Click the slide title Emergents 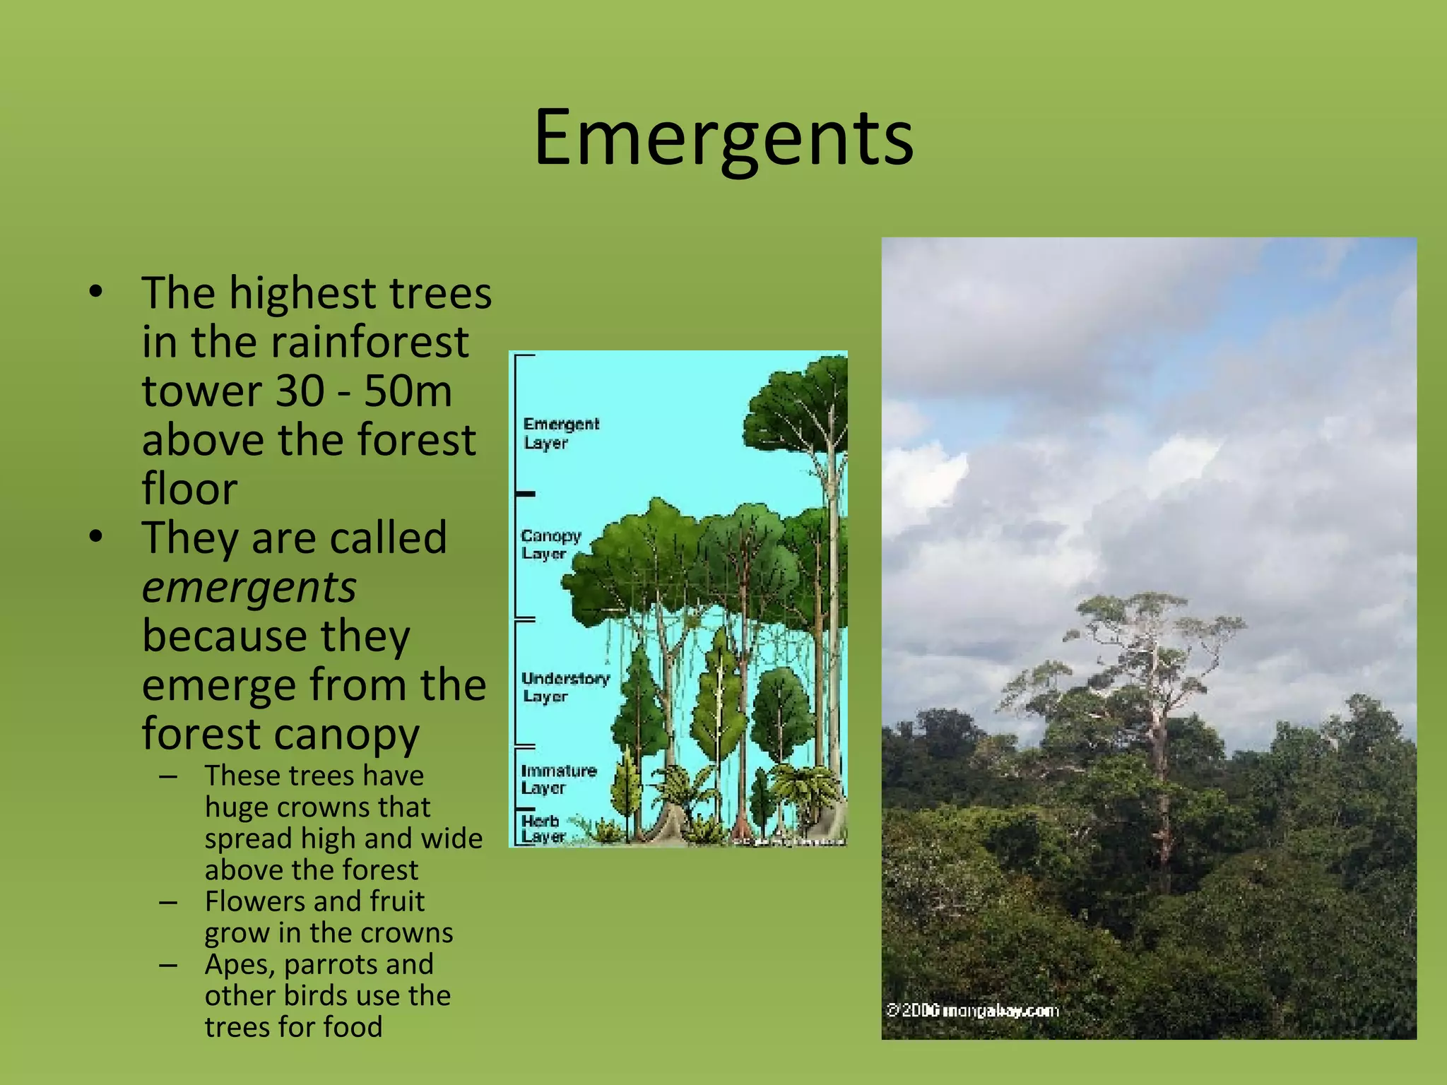(x=723, y=138)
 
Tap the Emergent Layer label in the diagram (x=560, y=433)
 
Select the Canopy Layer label (x=550, y=545)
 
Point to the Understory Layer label (x=565, y=687)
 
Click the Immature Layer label (x=558, y=779)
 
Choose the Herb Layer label (x=543, y=829)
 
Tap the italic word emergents (x=249, y=588)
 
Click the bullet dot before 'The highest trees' (x=96, y=292)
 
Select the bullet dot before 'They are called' (x=96, y=537)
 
